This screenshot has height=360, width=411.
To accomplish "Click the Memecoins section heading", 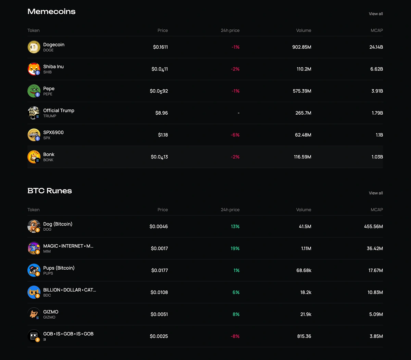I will point(51,12).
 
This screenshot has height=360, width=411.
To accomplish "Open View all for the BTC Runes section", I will point(376,193).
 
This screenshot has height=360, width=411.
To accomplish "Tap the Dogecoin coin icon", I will point(34,47).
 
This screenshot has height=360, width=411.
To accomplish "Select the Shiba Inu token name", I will point(53,67).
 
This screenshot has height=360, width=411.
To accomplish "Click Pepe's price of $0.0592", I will point(159,91).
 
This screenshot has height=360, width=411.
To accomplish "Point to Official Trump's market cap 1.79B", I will point(377,113).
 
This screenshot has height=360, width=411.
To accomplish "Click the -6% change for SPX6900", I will point(235,135).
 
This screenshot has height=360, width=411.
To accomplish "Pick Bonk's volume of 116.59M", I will point(302,157).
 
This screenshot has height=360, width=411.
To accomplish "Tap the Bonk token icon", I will point(34,157).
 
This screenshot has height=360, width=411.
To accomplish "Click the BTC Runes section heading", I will point(50,191).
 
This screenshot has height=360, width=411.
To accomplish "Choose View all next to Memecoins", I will point(376,14).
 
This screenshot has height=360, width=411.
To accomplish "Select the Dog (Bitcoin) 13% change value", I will point(235,227).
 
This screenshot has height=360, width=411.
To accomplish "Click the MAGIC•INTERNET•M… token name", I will point(68,246).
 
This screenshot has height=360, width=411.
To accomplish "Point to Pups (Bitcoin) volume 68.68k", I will point(304,270).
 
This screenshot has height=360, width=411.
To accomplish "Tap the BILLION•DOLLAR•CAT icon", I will point(34,292).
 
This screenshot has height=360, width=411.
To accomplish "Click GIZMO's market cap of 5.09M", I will point(376,314).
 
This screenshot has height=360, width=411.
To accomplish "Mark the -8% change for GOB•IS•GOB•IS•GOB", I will point(235,336).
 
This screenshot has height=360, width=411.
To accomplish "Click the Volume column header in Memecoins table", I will point(303,30).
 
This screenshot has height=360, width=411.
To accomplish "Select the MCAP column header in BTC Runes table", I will point(377,210).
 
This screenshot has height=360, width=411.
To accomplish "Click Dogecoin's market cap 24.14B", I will point(376,47).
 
